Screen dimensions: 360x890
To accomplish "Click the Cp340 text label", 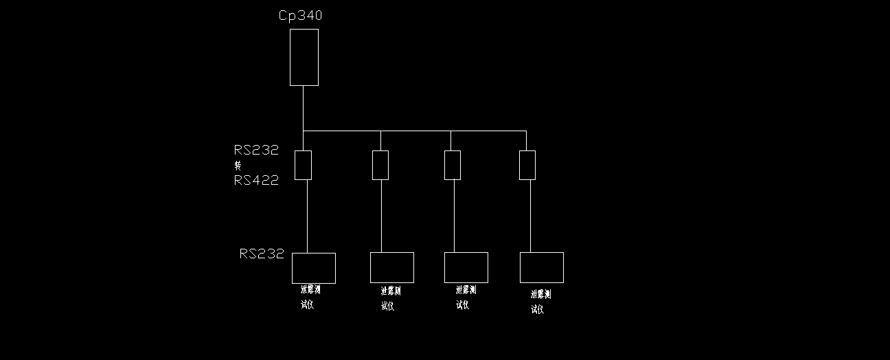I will point(300,16).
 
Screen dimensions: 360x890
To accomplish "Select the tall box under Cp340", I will point(304,57).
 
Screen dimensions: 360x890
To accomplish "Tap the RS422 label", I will point(256,181).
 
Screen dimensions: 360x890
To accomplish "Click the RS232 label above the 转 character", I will point(256,150).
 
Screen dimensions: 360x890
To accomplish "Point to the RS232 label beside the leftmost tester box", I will point(262,254).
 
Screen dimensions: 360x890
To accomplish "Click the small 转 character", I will point(238,166).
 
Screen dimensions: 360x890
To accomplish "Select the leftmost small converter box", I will point(303,165).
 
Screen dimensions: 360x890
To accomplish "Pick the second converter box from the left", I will point(380,165).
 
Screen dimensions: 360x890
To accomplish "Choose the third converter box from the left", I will point(452,165).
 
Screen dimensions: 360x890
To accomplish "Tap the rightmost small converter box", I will point(527,165).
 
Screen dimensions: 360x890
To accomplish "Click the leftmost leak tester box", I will point(314,268).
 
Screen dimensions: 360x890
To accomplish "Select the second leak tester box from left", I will point(391,268).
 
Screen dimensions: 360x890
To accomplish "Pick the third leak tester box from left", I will point(466,268).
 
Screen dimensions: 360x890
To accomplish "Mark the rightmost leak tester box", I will point(541,268).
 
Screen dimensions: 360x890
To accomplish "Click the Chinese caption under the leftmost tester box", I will point(310,297).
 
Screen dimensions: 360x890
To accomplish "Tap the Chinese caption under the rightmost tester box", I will point(540,302).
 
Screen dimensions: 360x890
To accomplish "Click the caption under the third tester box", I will point(465,297).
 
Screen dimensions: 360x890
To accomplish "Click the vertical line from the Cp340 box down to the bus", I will point(303,108).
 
